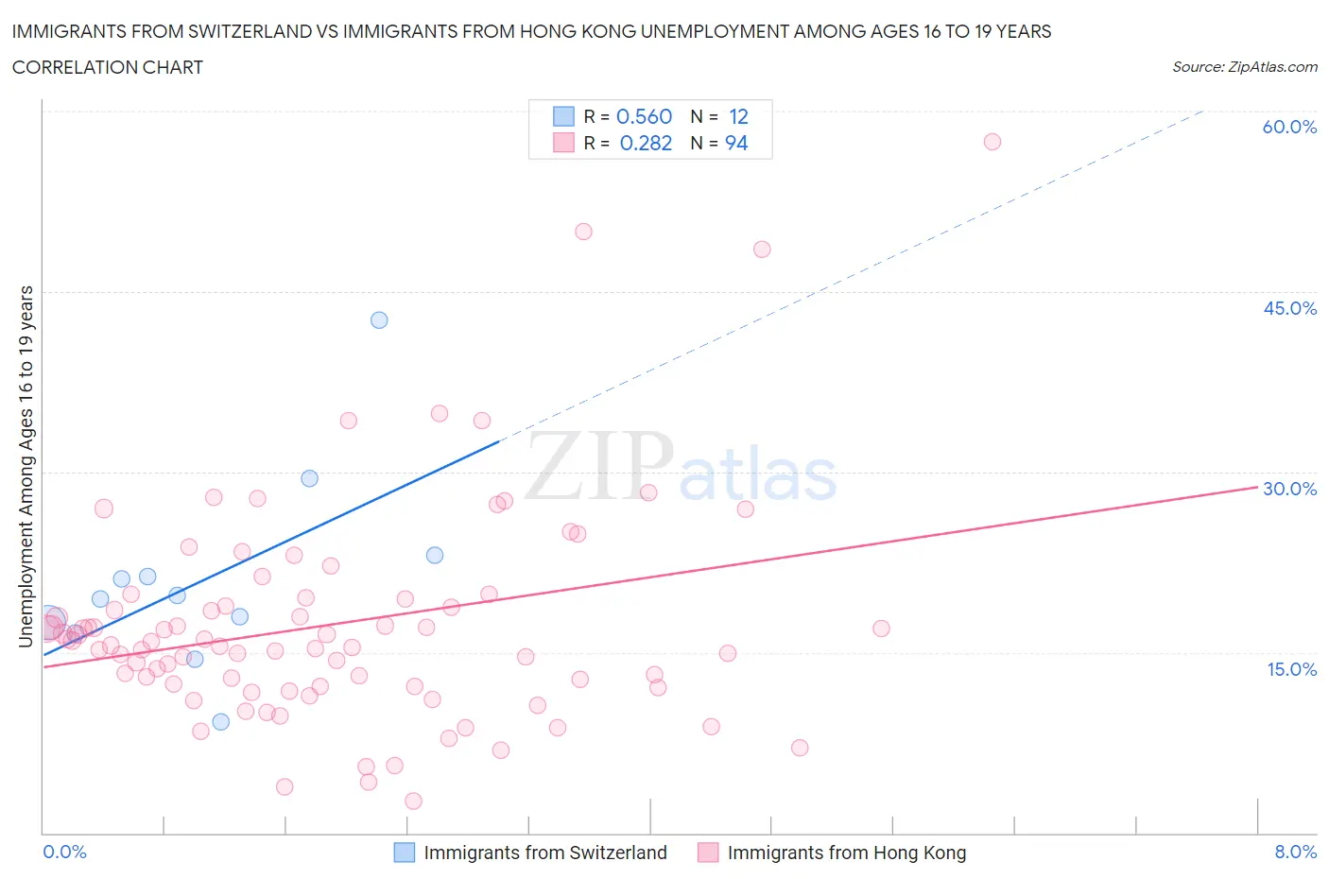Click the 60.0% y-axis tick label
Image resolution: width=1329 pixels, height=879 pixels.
click(x=1289, y=127)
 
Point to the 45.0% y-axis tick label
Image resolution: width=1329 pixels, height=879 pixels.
click(x=1289, y=308)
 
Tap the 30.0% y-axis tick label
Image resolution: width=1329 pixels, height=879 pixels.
click(x=1289, y=489)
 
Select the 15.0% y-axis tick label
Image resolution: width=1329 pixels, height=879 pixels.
click(x=1289, y=669)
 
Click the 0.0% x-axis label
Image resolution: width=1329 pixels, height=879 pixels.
click(x=64, y=852)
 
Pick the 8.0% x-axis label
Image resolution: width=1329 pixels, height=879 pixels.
click(x=1295, y=852)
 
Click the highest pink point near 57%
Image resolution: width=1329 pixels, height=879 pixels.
click(x=992, y=142)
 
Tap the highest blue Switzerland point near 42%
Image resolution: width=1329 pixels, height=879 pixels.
click(x=379, y=319)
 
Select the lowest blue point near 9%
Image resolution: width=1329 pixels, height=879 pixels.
click(x=221, y=722)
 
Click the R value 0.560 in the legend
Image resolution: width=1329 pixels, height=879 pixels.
click(x=644, y=116)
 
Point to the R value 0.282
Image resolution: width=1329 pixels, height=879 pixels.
click(x=646, y=143)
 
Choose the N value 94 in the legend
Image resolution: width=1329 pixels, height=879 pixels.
click(x=736, y=143)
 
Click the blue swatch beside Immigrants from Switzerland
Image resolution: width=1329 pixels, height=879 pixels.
click(x=404, y=853)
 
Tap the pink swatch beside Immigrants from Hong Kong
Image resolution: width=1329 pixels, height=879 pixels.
click(x=708, y=853)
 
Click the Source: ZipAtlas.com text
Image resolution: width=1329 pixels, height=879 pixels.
click(x=1244, y=67)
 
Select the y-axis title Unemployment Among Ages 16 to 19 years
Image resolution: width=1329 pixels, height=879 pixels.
click(x=26, y=466)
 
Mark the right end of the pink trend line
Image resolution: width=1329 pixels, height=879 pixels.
click(x=1257, y=487)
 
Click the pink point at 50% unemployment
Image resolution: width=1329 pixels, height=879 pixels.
click(x=583, y=232)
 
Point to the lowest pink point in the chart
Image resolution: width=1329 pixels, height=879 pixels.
click(x=413, y=801)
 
